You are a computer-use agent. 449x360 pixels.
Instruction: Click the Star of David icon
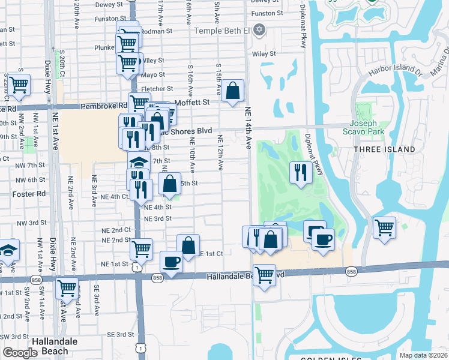pyautogui.click(x=260, y=30)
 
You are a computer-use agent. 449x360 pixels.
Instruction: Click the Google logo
pyautogui.click(x=20, y=353)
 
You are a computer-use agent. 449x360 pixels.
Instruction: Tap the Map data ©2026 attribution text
pyautogui.click(x=423, y=355)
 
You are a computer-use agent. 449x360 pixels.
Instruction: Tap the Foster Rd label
pyautogui.click(x=29, y=194)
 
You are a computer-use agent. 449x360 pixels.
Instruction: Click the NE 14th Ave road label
pyautogui.click(x=248, y=127)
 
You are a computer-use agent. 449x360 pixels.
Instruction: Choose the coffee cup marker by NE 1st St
pyautogui.click(x=171, y=262)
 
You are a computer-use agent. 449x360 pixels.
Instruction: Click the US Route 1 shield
pyautogui.click(x=138, y=268)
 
